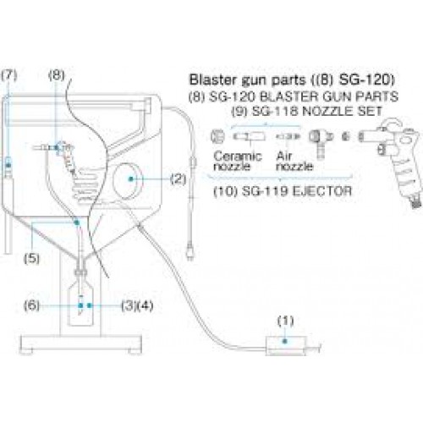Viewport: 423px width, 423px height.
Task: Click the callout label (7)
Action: click(x=9, y=75)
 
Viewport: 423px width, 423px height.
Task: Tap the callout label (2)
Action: click(x=179, y=179)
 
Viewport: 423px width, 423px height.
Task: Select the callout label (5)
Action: click(x=31, y=258)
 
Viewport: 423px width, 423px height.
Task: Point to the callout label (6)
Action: click(x=31, y=305)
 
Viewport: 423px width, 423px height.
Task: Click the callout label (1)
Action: click(x=285, y=321)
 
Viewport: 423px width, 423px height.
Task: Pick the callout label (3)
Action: click(x=129, y=305)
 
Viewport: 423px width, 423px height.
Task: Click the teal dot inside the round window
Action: click(x=130, y=179)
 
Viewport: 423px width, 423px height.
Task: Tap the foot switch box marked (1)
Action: click(x=286, y=345)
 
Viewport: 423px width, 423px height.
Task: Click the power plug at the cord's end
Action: click(x=190, y=251)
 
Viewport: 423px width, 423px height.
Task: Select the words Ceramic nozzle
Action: click(x=238, y=161)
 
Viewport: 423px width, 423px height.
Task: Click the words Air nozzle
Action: click(x=294, y=161)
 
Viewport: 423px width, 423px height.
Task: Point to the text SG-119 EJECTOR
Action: click(x=297, y=191)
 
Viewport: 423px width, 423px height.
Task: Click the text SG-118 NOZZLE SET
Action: click(x=317, y=111)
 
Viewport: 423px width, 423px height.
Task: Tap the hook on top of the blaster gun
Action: click(x=393, y=124)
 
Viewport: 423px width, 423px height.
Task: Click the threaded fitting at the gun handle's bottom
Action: click(x=415, y=202)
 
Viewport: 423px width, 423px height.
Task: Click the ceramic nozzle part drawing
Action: click(x=249, y=137)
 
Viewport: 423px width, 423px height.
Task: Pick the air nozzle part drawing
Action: click(x=288, y=137)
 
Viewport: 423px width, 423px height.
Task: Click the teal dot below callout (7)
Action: click(x=8, y=165)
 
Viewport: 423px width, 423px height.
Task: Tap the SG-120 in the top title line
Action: click(x=366, y=80)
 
